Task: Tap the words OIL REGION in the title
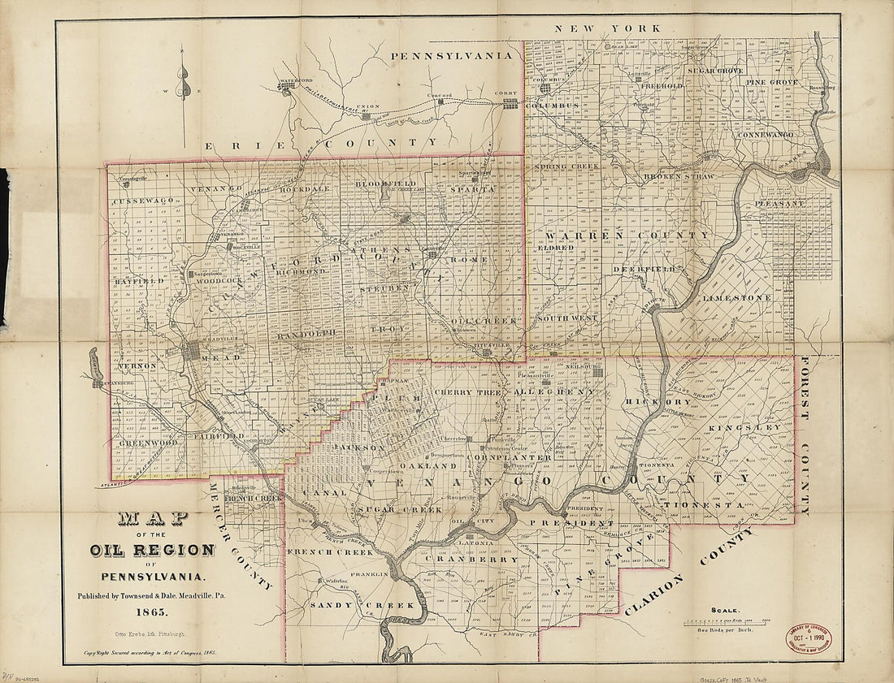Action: (153, 551)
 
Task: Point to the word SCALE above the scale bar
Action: (725, 610)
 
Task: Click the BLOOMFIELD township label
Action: (386, 184)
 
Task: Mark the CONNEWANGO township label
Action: (769, 134)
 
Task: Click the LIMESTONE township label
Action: (736, 299)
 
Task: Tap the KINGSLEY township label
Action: (745, 426)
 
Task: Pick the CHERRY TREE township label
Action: (467, 392)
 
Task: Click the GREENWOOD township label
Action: (148, 443)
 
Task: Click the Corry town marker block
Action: (510, 102)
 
